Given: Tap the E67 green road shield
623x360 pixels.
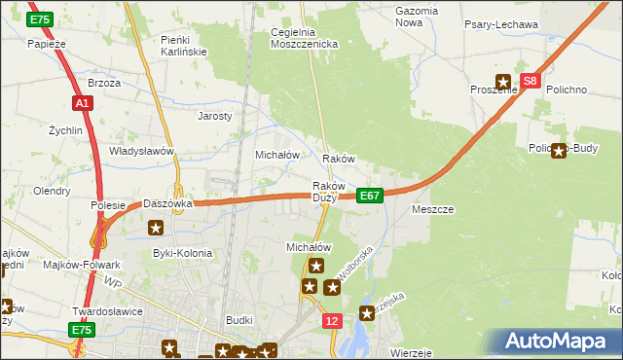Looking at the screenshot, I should (369, 196).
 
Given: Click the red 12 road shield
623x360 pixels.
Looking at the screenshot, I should (332, 321).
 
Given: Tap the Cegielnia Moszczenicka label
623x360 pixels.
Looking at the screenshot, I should (304, 38).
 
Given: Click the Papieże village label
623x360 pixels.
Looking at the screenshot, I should (47, 44).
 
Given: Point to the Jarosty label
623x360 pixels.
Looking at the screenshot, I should (215, 116).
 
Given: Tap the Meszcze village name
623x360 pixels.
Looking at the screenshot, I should (433, 209).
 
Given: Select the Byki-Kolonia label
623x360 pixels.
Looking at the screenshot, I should (182, 253).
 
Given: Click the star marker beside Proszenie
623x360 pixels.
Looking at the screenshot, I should (503, 83).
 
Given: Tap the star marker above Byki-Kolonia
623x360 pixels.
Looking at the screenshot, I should (155, 229).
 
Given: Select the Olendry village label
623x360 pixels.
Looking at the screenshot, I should (52, 191).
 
